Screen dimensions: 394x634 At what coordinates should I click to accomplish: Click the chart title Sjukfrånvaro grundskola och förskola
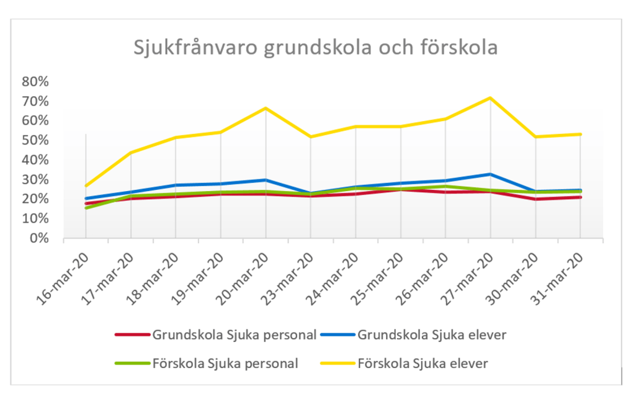coord(316,48)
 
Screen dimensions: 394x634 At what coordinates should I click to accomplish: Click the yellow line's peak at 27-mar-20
coord(490,98)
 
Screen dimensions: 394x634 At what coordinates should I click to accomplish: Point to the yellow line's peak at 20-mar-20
coord(266,109)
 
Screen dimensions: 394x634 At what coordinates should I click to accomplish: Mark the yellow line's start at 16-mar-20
coord(86,186)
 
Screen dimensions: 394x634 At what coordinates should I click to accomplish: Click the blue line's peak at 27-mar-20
coord(490,174)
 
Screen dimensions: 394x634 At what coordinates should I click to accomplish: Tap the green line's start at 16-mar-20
coord(86,208)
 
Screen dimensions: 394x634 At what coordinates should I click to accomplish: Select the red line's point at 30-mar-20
coord(535,199)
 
